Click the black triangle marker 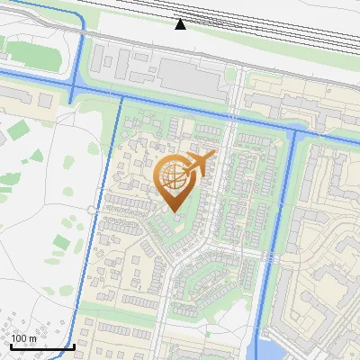181,24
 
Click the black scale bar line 40,346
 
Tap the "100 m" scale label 23,338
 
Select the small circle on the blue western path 92,210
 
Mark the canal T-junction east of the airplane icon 294,132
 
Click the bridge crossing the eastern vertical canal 271,257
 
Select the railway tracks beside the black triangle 225,27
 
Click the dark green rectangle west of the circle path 60,243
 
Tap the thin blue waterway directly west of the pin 119,180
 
